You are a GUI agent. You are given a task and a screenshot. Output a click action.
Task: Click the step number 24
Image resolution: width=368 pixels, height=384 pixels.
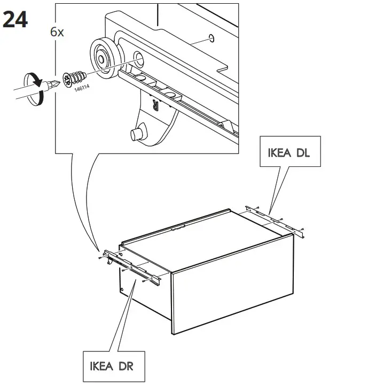coord(15,20)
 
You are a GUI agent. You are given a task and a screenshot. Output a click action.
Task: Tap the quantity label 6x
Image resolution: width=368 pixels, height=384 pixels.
coord(57,32)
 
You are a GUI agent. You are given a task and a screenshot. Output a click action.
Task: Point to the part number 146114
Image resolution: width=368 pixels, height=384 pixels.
coord(82,88)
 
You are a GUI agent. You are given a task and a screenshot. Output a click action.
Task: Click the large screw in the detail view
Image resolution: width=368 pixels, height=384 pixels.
coord(74,79)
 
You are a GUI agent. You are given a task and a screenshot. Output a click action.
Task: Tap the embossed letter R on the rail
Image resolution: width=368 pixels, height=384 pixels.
coord(156,105)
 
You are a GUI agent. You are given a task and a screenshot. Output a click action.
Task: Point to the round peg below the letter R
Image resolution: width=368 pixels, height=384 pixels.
coord(137,134)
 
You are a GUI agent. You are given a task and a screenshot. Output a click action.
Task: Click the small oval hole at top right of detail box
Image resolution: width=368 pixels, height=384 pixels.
coord(212,38)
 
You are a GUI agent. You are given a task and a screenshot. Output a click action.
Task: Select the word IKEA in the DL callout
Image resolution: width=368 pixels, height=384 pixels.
coord(279,153)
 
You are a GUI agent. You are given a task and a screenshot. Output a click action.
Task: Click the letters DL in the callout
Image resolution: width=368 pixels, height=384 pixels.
coord(303,153)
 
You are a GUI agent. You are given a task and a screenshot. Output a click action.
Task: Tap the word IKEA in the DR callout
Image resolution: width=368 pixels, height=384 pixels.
coord(101,366)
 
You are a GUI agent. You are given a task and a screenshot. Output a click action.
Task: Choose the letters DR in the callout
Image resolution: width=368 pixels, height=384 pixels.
coord(126,366)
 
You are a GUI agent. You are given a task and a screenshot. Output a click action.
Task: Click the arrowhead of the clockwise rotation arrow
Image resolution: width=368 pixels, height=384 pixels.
coord(38,82)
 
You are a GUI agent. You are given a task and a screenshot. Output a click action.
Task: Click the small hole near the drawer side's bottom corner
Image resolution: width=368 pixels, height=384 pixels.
coord(122,289)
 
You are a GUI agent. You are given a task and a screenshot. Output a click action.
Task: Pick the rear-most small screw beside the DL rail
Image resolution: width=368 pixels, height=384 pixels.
coord(257,208)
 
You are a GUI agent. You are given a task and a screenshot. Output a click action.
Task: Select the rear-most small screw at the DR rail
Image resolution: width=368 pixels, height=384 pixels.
coord(100,258)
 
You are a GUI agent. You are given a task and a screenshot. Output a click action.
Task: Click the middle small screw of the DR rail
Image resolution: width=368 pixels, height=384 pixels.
coord(123,271)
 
